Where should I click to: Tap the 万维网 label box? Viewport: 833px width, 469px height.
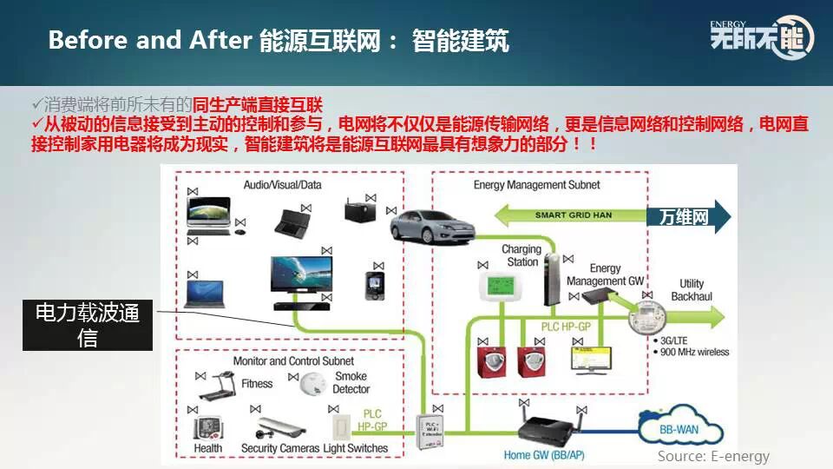point(684,216)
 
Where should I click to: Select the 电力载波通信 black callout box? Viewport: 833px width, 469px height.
point(87,325)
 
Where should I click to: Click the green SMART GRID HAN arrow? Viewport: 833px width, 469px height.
point(573,215)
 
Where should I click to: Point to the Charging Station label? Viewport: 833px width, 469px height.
point(521,255)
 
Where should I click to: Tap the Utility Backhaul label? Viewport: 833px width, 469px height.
point(692,290)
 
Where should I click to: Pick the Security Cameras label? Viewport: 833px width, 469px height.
point(279,448)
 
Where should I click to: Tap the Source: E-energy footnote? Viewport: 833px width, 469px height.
point(713,456)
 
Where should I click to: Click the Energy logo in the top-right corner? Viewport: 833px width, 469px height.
point(762,37)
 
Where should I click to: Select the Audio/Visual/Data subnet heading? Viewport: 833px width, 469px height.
point(282,185)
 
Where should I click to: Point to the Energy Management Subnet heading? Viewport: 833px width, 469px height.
point(536,185)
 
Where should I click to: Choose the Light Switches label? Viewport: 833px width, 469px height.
point(356,448)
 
